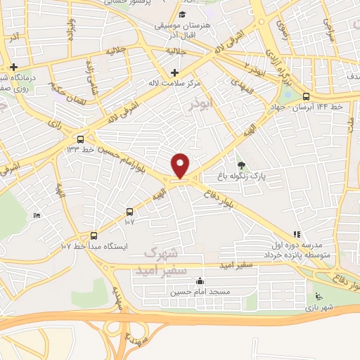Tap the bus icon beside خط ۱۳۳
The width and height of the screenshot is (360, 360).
[82, 139]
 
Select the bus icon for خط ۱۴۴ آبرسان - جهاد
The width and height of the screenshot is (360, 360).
[305, 97]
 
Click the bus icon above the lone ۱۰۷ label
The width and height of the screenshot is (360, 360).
[129, 212]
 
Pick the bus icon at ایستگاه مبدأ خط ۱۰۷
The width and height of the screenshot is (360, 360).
[94, 236]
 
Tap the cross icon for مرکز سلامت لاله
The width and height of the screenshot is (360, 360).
[174, 72]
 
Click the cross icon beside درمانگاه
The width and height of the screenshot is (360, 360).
[13, 67]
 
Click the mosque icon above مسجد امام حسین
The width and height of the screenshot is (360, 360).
[200, 282]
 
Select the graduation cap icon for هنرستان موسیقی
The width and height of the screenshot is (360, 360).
[182, 15]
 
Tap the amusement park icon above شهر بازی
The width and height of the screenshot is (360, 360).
[317, 295]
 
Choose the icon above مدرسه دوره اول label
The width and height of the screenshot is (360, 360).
[297, 234]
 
